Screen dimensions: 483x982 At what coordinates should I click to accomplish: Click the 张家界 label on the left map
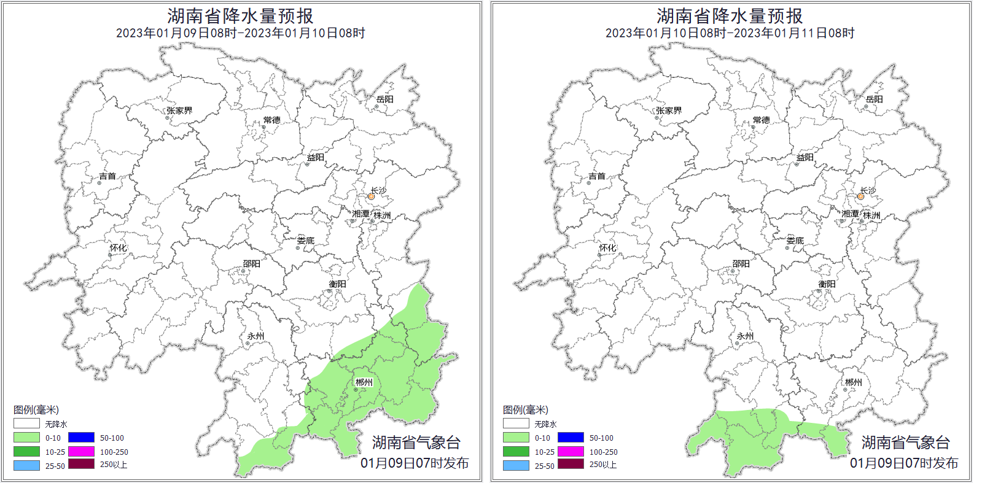click(x=179, y=110)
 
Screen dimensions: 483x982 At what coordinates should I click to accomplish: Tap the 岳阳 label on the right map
click(x=874, y=99)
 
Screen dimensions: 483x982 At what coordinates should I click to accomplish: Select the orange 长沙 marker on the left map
click(x=371, y=196)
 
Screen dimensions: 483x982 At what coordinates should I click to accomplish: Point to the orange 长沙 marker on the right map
click(x=860, y=196)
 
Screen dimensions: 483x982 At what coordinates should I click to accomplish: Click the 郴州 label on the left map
click(x=364, y=382)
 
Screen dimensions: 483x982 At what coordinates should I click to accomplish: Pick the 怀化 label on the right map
click(x=607, y=248)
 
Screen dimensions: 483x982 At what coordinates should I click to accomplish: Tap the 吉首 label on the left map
click(x=107, y=176)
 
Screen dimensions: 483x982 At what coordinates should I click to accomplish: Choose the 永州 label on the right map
click(x=745, y=336)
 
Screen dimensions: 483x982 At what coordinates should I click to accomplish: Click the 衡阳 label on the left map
click(x=337, y=284)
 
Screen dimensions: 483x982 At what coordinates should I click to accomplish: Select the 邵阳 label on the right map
click(x=741, y=264)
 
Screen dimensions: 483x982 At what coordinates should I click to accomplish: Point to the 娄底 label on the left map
click(x=305, y=241)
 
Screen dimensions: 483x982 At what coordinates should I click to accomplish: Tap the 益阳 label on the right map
click(x=805, y=158)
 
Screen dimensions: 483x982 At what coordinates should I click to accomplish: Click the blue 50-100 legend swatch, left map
click(x=81, y=438)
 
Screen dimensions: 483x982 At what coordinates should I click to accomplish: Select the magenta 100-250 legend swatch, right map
click(x=571, y=452)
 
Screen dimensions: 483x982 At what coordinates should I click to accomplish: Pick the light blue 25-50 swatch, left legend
click(x=26, y=466)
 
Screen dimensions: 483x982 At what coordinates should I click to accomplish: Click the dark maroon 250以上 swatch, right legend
click(x=571, y=465)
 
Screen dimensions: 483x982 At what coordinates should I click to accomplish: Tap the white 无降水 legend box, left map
click(x=26, y=423)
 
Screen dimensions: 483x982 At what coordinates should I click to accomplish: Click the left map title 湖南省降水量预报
click(x=240, y=15)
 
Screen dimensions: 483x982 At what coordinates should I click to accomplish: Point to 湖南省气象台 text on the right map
click(x=905, y=442)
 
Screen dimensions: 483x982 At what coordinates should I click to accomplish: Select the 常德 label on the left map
click(x=271, y=120)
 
